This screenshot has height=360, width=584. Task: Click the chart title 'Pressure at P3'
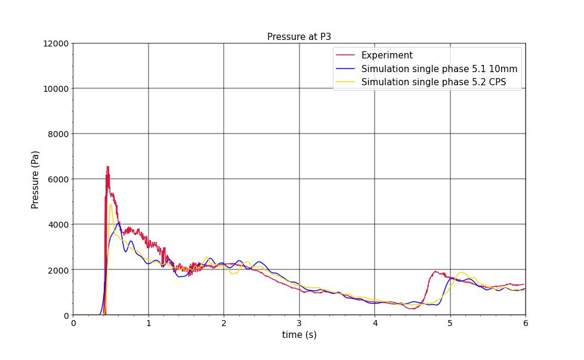click(299, 37)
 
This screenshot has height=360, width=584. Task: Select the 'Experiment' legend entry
click(387, 55)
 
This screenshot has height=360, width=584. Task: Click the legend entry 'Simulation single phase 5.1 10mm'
click(439, 69)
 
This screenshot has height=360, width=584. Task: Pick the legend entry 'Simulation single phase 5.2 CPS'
click(433, 82)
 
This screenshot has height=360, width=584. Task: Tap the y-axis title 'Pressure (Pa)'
click(35, 179)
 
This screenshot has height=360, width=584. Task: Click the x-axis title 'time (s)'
click(299, 335)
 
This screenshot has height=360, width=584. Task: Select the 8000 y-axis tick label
click(58, 134)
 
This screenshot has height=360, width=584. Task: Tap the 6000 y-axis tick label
click(58, 179)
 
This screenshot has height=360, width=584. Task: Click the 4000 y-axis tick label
click(58, 225)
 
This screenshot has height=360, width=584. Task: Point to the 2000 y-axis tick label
click(58, 270)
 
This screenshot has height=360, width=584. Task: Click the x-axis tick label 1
click(149, 323)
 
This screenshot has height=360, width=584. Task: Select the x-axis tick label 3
click(299, 323)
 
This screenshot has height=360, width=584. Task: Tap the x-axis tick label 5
click(450, 323)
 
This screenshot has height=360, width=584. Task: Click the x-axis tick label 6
click(526, 323)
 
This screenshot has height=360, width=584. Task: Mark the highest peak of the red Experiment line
click(107, 166)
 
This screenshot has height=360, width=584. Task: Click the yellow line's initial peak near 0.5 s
click(111, 204)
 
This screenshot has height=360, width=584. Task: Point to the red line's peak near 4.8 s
click(435, 271)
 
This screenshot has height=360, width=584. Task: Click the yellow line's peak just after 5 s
click(461, 272)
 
